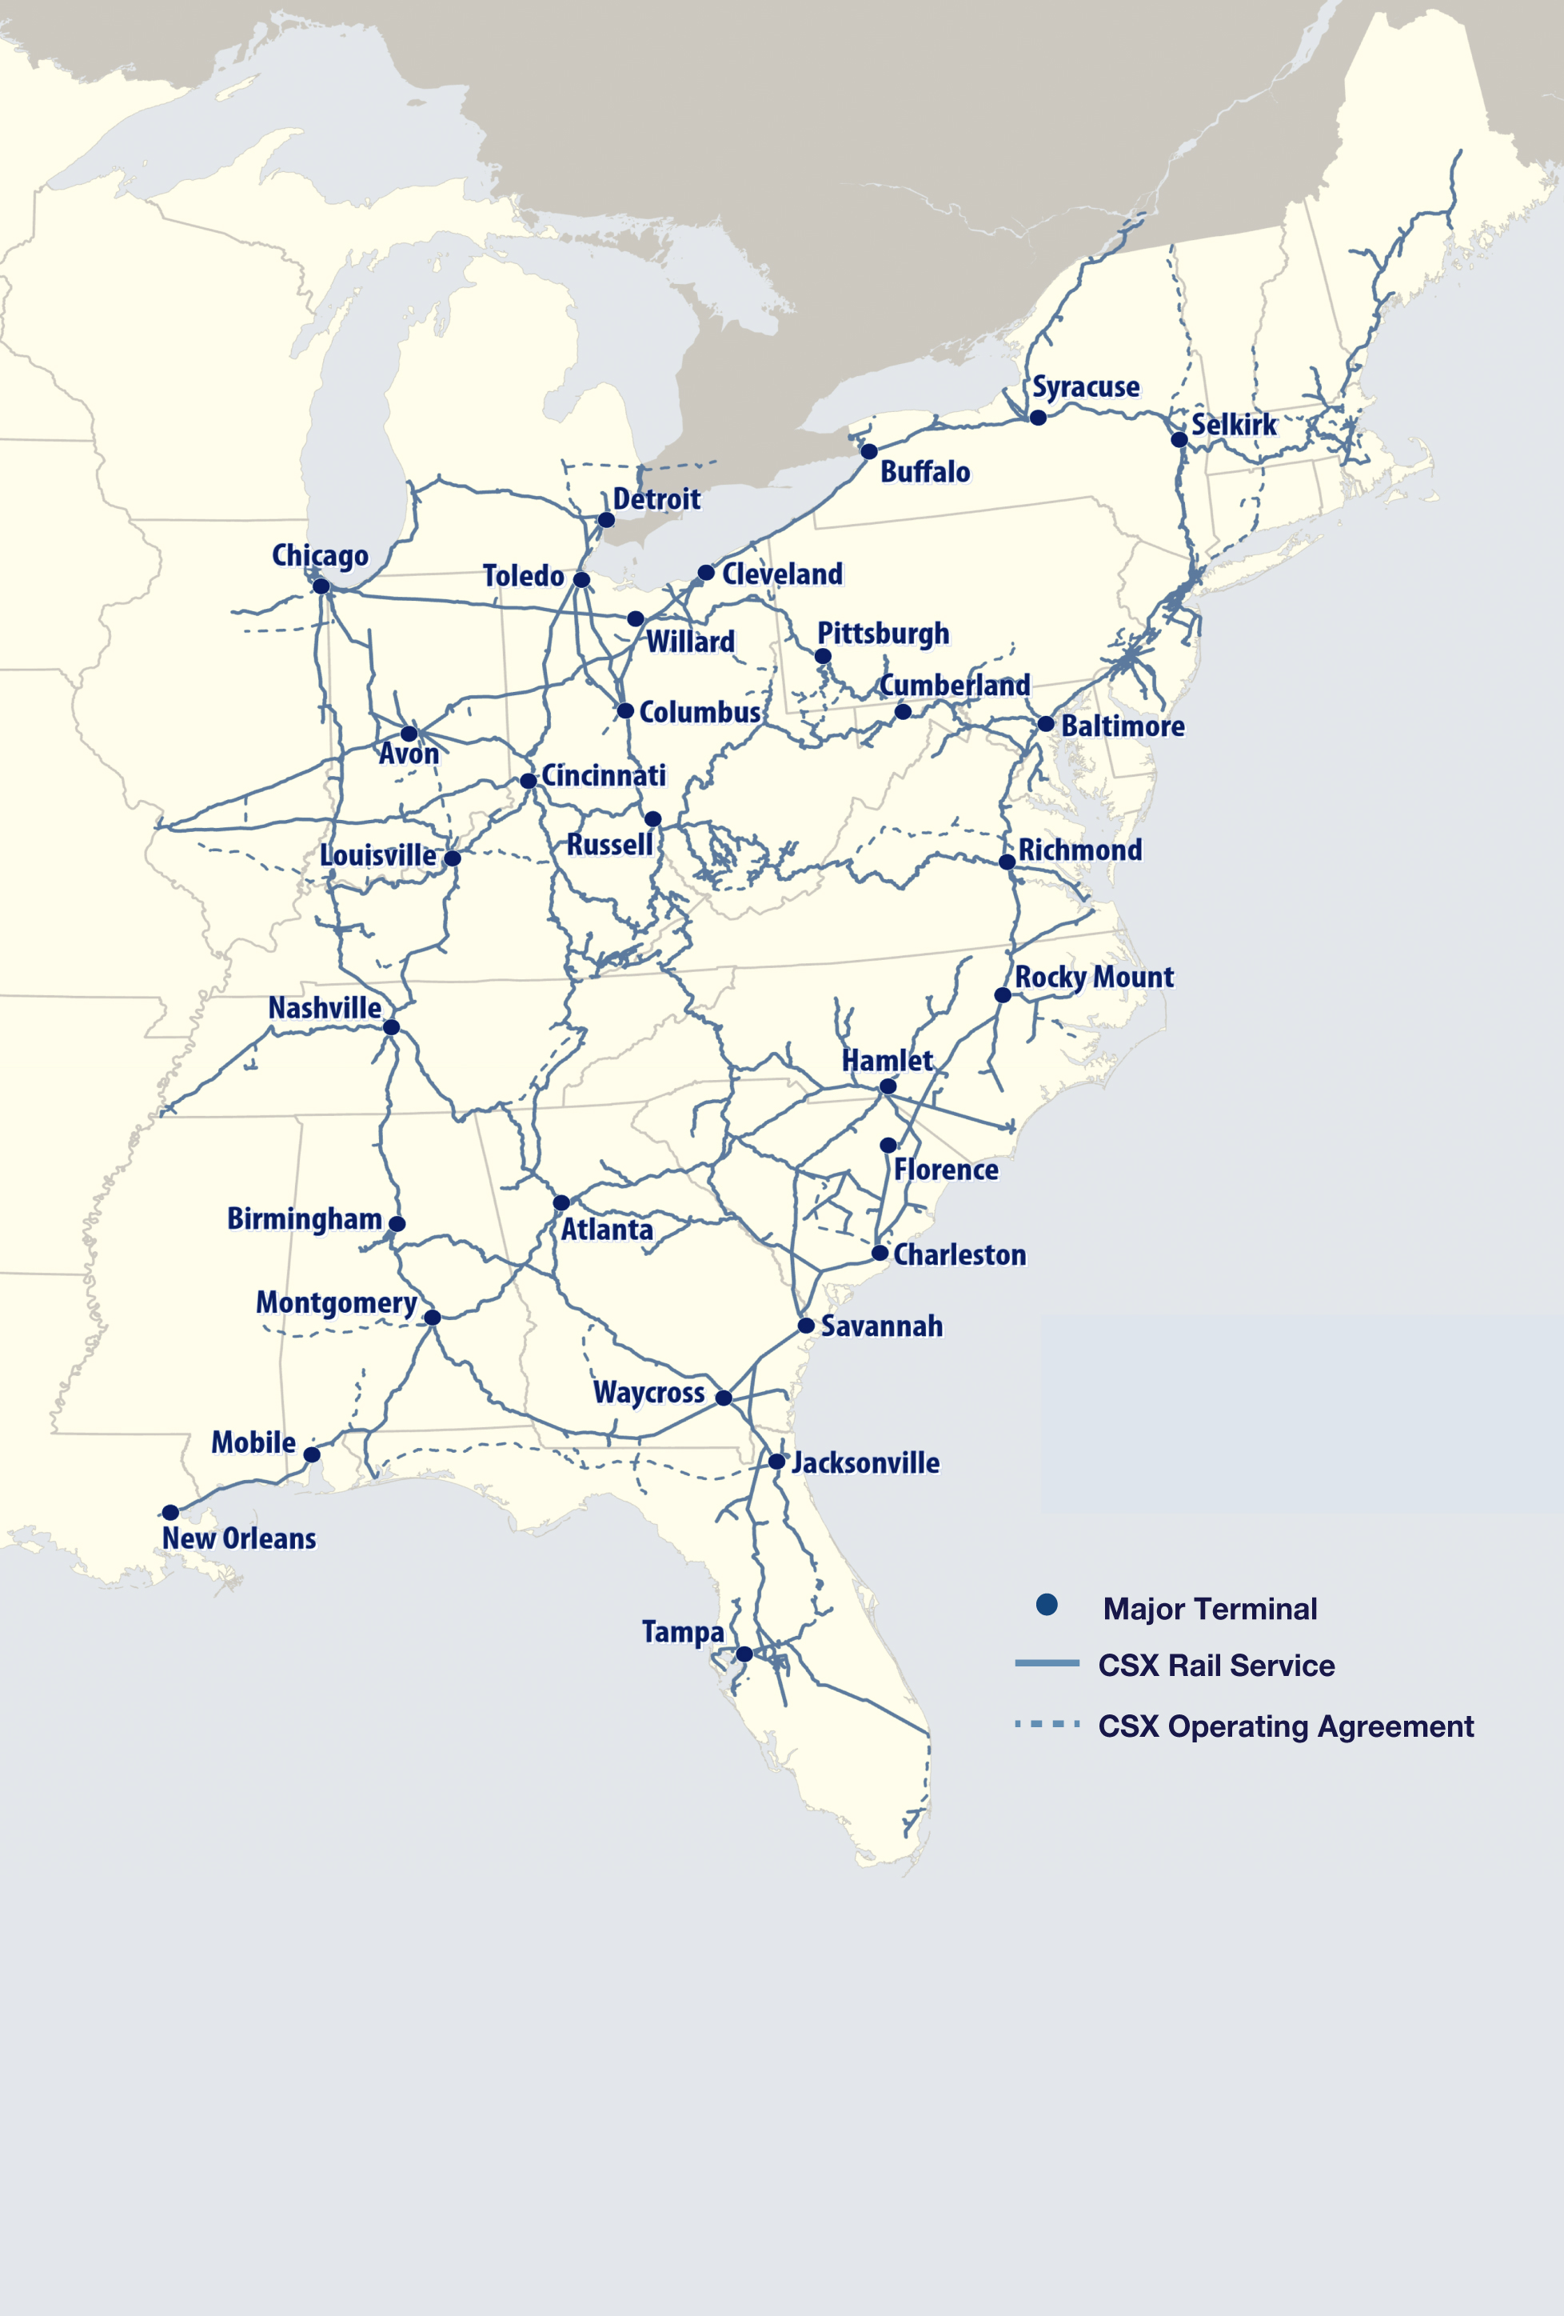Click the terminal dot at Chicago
pyautogui.click(x=321, y=586)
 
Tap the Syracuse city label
pyautogui.click(x=1085, y=386)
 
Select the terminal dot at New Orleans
pyautogui.click(x=170, y=1512)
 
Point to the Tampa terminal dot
pyautogui.click(x=744, y=1654)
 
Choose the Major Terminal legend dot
pyautogui.click(x=1046, y=1605)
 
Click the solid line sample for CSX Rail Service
pyautogui.click(x=1046, y=1663)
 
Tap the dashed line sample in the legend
pyautogui.click(x=1046, y=1724)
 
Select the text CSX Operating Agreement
pyautogui.click(x=1285, y=1726)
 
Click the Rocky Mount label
pyautogui.click(x=1093, y=978)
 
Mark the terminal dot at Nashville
pyautogui.click(x=392, y=1026)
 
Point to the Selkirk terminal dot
pyautogui.click(x=1179, y=439)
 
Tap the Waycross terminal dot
pyautogui.click(x=724, y=1398)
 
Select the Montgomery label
pyautogui.click(x=336, y=1302)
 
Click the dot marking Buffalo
pyautogui.click(x=868, y=451)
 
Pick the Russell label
pyautogui.click(x=608, y=845)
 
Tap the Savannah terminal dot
pyautogui.click(x=806, y=1326)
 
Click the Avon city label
pyautogui.click(x=409, y=754)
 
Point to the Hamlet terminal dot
pyautogui.click(x=888, y=1086)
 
